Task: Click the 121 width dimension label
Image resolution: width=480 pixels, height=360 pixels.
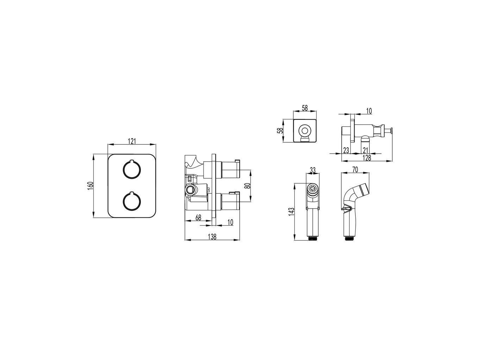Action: point(132,141)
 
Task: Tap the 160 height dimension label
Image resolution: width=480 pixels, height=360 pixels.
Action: point(90,186)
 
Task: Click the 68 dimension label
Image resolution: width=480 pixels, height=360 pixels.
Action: point(198,218)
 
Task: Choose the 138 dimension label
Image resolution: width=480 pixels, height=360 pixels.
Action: point(212,237)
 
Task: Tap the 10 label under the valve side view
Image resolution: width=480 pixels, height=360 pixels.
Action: point(230,222)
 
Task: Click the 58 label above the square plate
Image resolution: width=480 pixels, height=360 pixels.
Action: point(305,108)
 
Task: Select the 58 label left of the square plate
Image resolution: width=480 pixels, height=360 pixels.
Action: point(280,131)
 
